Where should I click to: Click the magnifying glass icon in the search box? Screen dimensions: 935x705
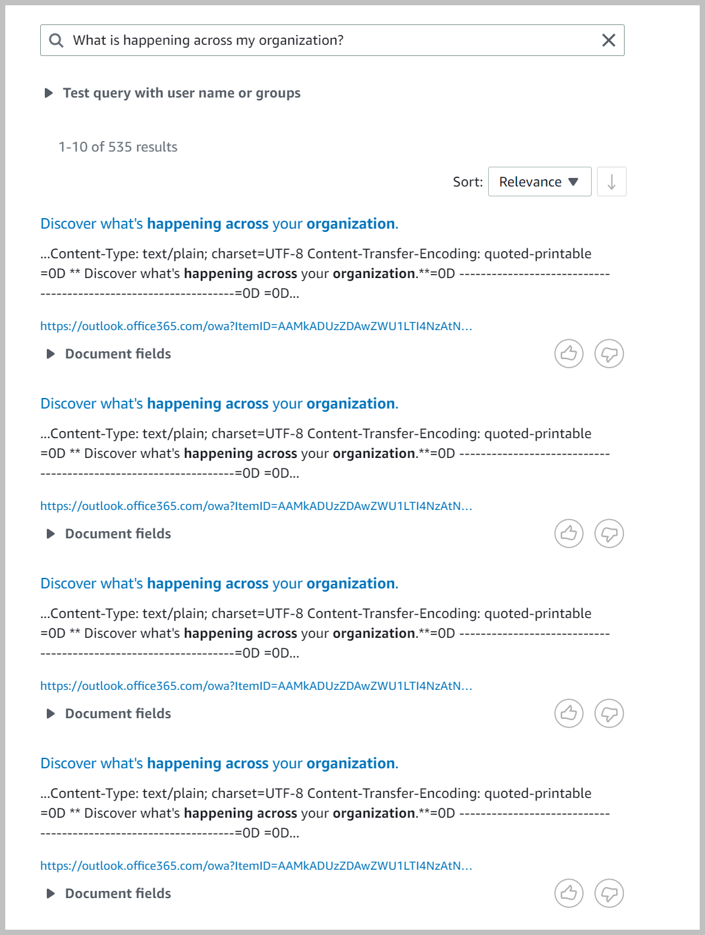57,40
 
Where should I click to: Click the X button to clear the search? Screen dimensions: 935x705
609,40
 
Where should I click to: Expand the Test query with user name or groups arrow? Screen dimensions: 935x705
49,93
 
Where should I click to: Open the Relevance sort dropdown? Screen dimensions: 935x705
539,182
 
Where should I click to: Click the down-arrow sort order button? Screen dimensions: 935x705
611,182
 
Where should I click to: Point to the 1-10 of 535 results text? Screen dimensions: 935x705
118,147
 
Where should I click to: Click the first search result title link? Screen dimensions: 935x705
219,224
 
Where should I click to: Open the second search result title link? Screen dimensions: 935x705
219,404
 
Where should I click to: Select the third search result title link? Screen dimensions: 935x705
219,584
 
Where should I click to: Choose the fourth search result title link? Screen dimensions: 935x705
219,764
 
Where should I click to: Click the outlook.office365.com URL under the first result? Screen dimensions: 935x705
256,326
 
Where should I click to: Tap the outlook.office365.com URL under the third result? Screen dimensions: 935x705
256,686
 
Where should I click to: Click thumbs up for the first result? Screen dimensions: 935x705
569,354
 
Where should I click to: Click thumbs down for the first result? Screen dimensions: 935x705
609,354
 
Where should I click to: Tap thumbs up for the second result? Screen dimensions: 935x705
569,534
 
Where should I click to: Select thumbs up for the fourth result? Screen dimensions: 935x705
569,893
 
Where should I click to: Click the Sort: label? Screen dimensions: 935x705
468,182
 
